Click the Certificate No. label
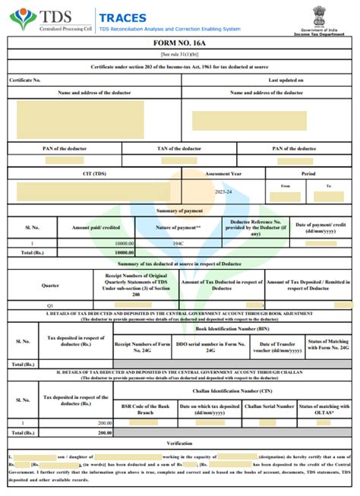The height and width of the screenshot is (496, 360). coord(25,80)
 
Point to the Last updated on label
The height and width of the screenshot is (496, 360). coord(286,80)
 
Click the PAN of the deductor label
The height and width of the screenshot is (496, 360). coord(65,148)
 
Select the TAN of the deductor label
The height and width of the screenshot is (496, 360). coord(179,148)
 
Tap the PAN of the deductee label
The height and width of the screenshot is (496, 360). coord(295,148)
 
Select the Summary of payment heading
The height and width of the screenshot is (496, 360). coord(179,210)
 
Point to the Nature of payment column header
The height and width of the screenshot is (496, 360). coord(178,227)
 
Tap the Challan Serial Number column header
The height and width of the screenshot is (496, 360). coord(270,406)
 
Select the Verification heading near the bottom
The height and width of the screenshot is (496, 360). coord(179,442)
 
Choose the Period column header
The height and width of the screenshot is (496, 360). coord(308,173)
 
